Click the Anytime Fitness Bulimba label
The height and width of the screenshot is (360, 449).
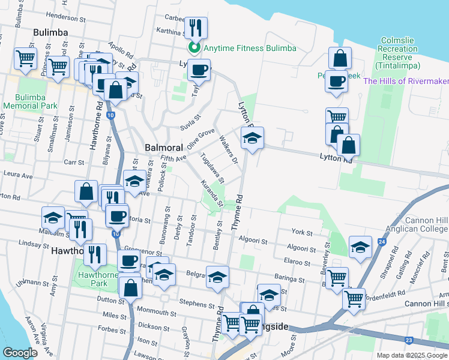coord(250,48)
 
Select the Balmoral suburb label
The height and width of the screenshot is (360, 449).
coord(163,147)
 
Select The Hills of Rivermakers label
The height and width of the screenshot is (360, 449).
coord(406,81)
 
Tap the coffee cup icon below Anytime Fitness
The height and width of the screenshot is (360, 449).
coord(199,70)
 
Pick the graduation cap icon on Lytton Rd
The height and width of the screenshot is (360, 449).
coord(253,139)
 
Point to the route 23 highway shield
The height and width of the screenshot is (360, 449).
coord(409,340)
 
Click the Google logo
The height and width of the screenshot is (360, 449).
coord(20,353)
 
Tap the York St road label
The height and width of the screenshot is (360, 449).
coord(302,232)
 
